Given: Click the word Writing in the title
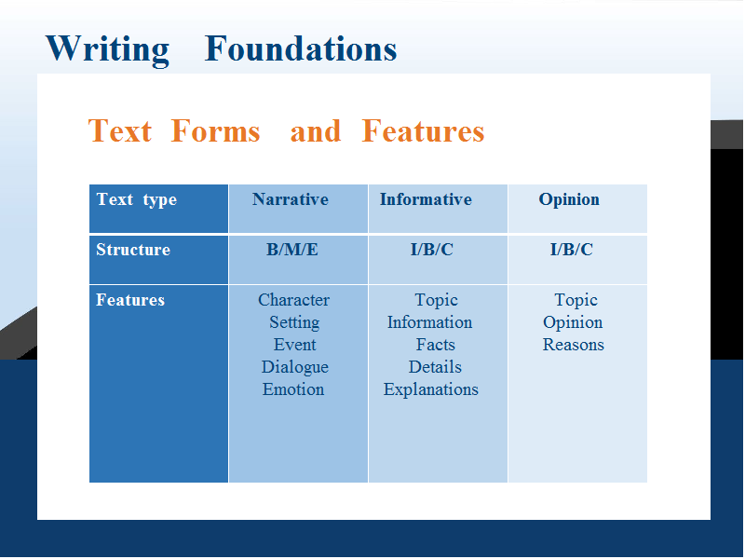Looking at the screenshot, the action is point(107,50).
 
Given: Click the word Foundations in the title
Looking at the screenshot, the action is point(301,48).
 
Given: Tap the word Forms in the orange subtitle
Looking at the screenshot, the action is point(215,130).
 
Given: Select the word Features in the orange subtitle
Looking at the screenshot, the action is point(423,130).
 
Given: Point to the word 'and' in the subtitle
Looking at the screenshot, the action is point(316,131).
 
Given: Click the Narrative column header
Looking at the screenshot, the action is point(291,199).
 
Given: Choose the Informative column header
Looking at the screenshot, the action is point(426,199).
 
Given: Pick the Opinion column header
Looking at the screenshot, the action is point(569,200).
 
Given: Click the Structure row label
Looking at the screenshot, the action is point(133,250).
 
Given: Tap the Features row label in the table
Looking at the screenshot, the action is point(130,300).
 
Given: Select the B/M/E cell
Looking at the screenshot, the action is point(292,250).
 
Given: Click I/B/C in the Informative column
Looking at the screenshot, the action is point(432,250).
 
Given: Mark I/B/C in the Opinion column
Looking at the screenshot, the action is point(572,250).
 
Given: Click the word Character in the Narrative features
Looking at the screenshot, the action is point(293,300).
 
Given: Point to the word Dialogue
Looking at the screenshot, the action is point(294,368).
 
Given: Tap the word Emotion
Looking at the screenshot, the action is point(293,389).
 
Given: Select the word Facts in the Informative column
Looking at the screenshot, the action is point(435,345).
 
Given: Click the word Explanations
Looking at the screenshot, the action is point(431,390).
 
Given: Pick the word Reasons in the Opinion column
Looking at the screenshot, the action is point(574,345).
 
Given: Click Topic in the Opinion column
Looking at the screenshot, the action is point(576,301).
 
